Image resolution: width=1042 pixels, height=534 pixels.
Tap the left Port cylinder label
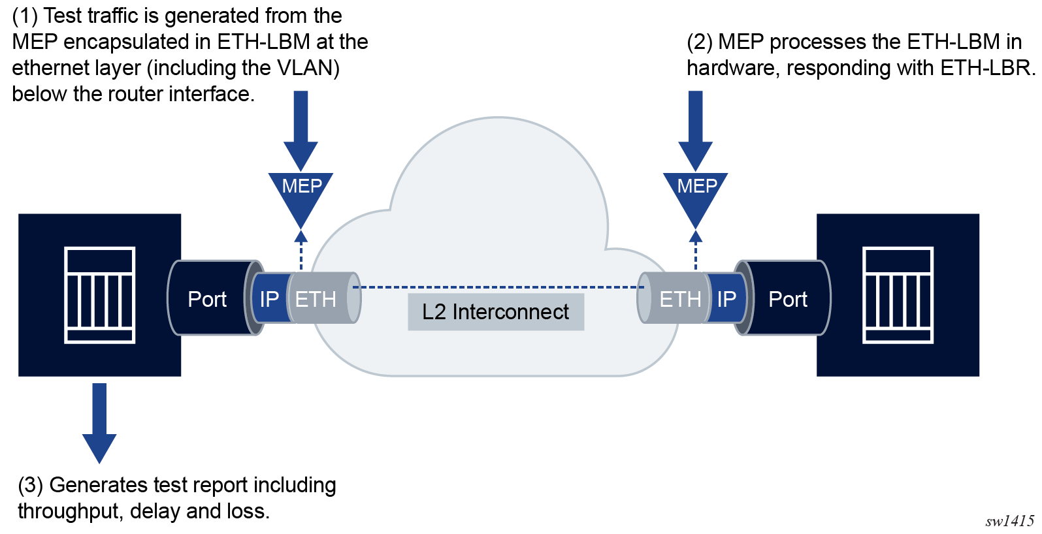click(x=207, y=299)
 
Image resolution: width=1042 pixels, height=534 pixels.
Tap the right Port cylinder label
click(x=788, y=299)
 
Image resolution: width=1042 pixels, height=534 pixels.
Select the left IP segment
click(x=269, y=299)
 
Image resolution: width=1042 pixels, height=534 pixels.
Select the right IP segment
click(x=726, y=299)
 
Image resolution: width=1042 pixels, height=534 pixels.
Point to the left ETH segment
click(x=316, y=299)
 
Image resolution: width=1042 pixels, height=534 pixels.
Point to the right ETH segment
click(x=679, y=299)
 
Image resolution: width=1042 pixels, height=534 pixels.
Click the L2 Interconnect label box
click(x=496, y=312)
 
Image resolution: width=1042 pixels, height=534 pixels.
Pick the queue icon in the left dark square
click(x=100, y=295)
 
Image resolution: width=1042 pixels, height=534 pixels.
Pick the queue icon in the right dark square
click(x=898, y=295)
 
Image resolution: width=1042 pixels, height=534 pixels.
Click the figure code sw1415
click(x=1010, y=521)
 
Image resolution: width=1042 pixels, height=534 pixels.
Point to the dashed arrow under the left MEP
click(x=301, y=249)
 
